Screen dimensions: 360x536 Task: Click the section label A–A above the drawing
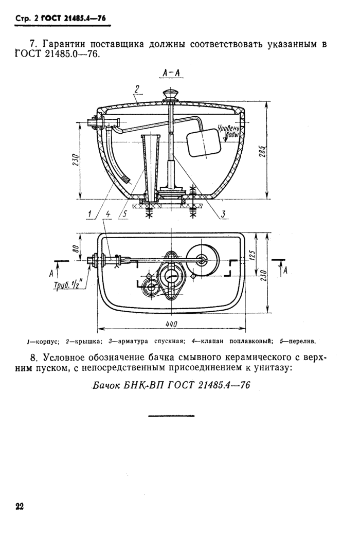point(171,74)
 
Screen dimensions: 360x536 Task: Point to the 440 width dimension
point(171,324)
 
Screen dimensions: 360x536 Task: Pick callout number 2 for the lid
point(137,90)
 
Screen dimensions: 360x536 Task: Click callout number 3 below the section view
point(223,215)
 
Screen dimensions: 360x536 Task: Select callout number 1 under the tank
point(90,215)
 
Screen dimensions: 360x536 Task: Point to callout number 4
point(108,215)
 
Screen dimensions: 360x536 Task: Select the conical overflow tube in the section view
point(151,167)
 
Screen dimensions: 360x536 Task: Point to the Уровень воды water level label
point(228,132)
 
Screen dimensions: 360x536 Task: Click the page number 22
point(20,506)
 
